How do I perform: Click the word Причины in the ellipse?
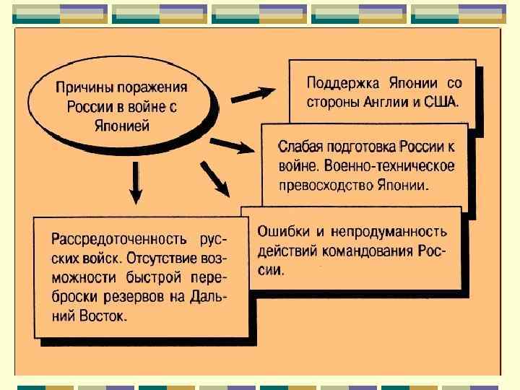click(83, 87)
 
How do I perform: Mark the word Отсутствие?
click(165, 257)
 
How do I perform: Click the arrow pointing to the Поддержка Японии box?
click(253, 95)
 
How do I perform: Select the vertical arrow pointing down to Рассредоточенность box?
click(136, 183)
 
